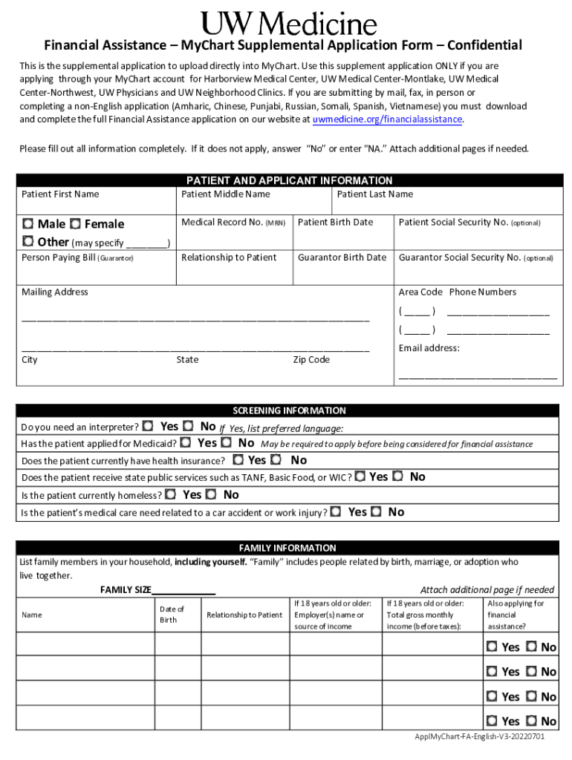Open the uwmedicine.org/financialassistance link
click(x=387, y=119)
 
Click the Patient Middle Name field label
click(x=226, y=194)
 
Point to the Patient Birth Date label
click(x=335, y=222)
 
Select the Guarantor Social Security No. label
click(x=475, y=258)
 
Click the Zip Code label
click(x=311, y=360)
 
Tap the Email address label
click(x=429, y=348)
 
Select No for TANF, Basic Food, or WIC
click(x=399, y=476)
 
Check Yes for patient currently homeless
click(x=172, y=494)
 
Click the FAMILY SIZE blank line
click(x=183, y=590)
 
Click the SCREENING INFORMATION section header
click(x=289, y=410)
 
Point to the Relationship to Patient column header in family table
click(x=244, y=615)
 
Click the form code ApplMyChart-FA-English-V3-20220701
click(x=480, y=737)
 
